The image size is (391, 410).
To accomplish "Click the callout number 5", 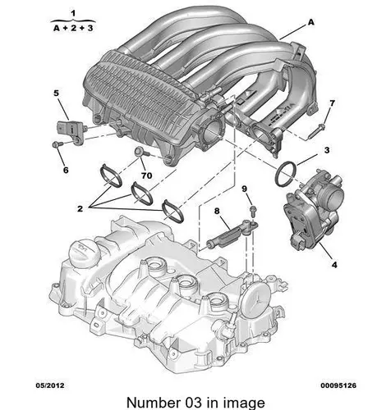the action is coord(56,93).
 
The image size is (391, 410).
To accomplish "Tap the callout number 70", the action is coord(146,175).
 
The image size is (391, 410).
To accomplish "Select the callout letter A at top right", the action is coord(311,22).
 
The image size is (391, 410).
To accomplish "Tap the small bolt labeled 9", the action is coord(253,211).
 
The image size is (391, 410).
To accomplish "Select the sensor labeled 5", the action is coord(71,130).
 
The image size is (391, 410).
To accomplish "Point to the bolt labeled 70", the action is coord(142,152).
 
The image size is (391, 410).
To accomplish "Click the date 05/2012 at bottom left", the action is coord(50,385).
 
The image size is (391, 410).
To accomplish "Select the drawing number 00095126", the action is coord(338,385).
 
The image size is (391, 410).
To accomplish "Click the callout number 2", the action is coord(80,209).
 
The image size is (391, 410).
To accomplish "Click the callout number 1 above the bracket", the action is coord(73,13).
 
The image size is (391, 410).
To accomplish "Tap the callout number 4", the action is coord(334,265).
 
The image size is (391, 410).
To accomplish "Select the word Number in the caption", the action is coord(153,403).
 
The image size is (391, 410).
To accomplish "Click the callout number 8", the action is coord(217,211).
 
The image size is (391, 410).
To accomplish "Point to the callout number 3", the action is coord(327,150).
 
